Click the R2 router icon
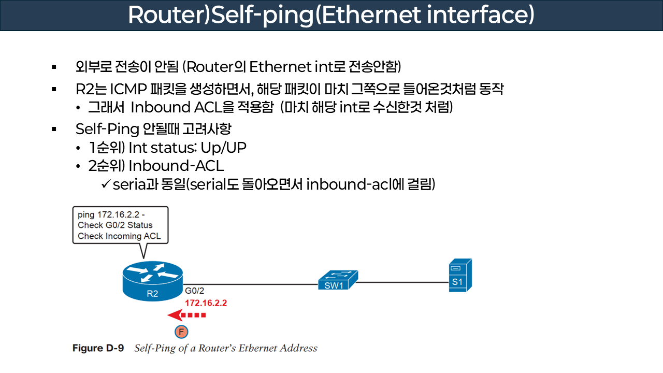pyautogui.click(x=152, y=282)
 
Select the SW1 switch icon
pyautogui.click(x=337, y=280)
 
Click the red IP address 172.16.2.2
pyautogui.click(x=206, y=303)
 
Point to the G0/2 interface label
pyautogui.click(x=195, y=292)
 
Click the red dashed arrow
pyautogui.click(x=186, y=315)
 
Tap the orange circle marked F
pyautogui.click(x=181, y=332)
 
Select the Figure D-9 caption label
pyautogui.click(x=98, y=348)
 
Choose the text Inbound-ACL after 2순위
pyautogui.click(x=176, y=166)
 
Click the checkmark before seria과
pyautogui.click(x=105, y=184)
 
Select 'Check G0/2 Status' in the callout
pyautogui.click(x=115, y=225)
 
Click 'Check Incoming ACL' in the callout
pyautogui.click(x=119, y=236)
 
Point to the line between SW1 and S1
pyautogui.click(x=402, y=283)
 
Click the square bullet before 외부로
pyautogui.click(x=54, y=67)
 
